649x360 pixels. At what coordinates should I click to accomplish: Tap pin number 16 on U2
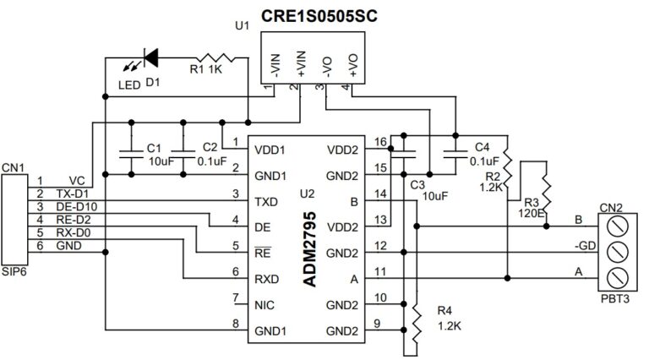click(379, 141)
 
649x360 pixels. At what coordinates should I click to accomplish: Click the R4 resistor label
click(443, 316)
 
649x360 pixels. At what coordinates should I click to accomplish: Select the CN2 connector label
click(611, 207)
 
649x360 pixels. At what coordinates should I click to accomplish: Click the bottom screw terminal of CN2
click(617, 276)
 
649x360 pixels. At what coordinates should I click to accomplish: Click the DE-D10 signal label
click(74, 207)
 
